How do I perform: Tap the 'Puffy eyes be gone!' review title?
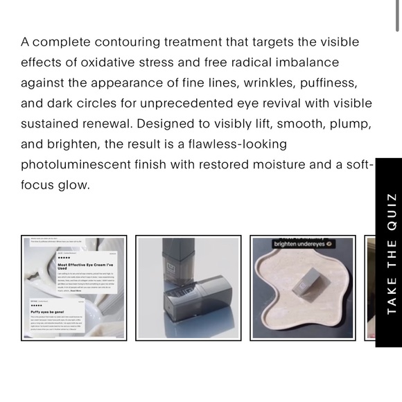coord(47,312)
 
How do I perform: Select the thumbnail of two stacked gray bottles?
coord(188,288)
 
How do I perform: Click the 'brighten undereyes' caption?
coord(304,244)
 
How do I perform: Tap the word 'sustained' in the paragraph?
coord(53,124)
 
